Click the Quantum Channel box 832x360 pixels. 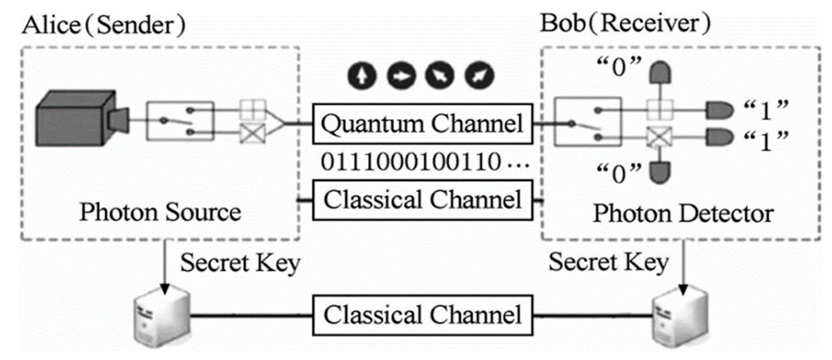(422, 124)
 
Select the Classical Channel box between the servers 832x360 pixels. (422, 315)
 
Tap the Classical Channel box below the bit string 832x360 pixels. (422, 200)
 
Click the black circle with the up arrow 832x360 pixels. (362, 75)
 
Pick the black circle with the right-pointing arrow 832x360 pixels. (401, 75)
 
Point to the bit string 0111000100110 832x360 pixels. (411, 162)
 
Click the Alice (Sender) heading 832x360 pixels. (103, 25)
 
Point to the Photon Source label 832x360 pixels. (160, 212)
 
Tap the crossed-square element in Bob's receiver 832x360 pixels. (659, 137)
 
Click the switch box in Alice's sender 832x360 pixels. (180, 121)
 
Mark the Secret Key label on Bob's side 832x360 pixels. (608, 262)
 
